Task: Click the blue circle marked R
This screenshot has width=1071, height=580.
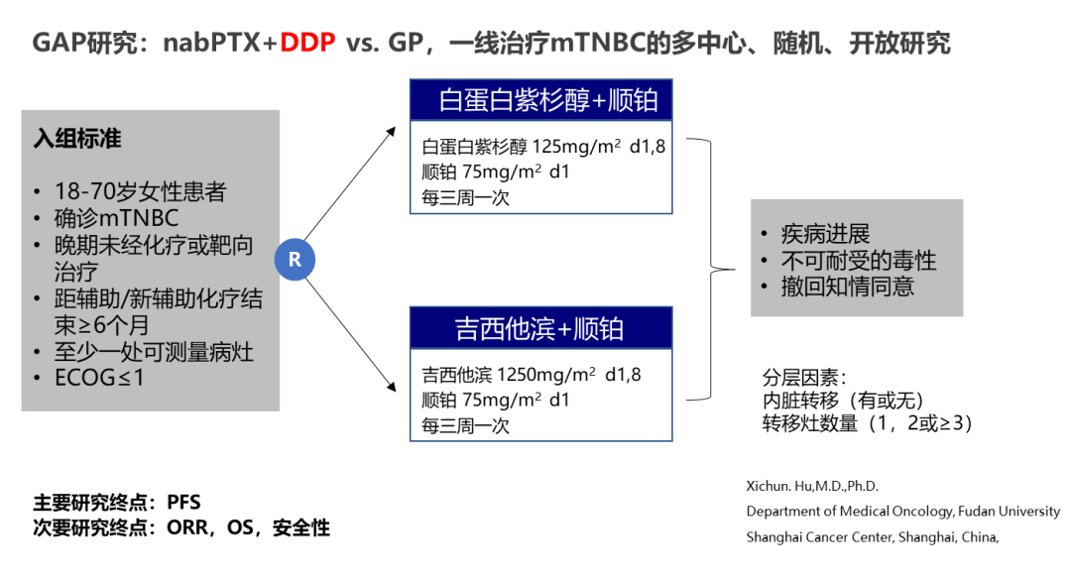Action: click(x=295, y=260)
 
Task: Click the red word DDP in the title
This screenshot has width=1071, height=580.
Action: click(x=308, y=44)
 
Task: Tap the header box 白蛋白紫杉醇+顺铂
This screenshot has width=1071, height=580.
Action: click(x=540, y=100)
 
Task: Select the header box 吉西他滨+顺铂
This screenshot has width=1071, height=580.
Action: click(x=540, y=328)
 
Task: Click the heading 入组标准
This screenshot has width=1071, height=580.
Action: click(x=77, y=139)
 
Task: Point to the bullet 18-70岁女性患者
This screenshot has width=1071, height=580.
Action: click(x=140, y=192)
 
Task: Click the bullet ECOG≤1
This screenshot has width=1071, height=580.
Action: click(x=100, y=378)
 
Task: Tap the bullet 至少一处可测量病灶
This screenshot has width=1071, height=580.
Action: click(x=154, y=352)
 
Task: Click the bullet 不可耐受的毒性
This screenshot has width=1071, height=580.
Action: click(x=859, y=261)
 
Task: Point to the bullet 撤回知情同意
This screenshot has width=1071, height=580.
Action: click(x=847, y=287)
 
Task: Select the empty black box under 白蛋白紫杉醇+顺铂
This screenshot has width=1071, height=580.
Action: click(x=540, y=167)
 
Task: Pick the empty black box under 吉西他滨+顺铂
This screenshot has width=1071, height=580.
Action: click(x=540, y=395)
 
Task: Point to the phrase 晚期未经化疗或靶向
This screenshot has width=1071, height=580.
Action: click(x=154, y=246)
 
